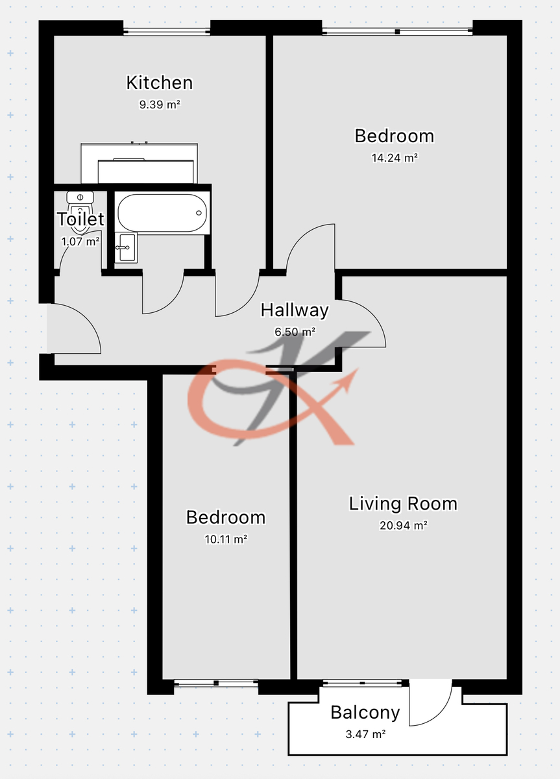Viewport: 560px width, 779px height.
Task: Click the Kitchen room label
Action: point(159,83)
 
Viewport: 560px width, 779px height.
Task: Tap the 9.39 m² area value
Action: point(160,105)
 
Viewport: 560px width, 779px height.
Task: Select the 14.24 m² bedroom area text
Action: point(395,158)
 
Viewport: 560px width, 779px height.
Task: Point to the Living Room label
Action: point(403,504)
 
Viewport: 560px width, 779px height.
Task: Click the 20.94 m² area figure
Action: point(403,525)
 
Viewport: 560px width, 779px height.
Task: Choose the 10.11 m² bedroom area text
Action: point(226,539)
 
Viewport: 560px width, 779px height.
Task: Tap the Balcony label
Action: point(365,713)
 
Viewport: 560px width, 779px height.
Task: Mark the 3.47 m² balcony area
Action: point(365,734)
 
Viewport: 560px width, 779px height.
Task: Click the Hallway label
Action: point(295,310)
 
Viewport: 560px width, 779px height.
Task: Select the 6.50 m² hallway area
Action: point(295,332)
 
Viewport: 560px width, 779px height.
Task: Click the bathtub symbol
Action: point(162,213)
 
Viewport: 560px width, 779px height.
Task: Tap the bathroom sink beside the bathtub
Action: point(126,247)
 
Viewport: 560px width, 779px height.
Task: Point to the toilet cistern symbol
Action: point(80,197)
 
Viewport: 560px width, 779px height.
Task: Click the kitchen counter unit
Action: point(140,163)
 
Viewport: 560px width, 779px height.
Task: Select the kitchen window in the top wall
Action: point(167,32)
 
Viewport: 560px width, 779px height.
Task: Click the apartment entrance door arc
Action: point(88,320)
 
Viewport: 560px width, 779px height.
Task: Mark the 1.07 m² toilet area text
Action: point(80,241)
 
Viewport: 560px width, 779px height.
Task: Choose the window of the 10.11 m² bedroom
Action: point(216,684)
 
